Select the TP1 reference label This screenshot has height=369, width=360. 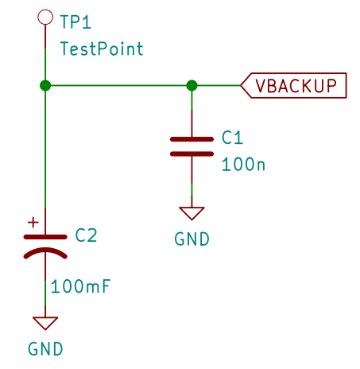[75, 22]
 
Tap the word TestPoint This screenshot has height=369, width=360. [102, 49]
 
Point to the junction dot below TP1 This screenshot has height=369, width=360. [45, 85]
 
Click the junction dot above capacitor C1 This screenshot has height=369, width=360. [192, 85]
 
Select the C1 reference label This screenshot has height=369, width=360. [232, 138]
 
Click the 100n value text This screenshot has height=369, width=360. [243, 165]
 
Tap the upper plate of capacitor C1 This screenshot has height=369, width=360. [192, 139]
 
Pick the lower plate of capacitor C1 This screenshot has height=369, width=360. [192, 153]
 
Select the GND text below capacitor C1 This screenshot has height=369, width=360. [192, 239]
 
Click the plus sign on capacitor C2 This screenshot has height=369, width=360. [33, 223]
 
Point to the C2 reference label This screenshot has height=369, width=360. [86, 235]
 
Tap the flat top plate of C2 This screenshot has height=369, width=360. [45, 237]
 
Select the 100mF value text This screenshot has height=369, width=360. [80, 286]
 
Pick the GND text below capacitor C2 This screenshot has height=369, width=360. [45, 349]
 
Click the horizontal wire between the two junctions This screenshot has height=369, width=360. [118, 85]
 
